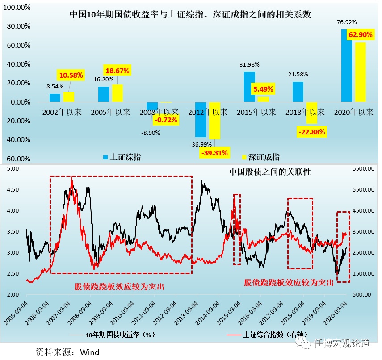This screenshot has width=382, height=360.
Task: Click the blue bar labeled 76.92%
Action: (347, 66)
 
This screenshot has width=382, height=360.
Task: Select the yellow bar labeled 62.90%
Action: (360, 72)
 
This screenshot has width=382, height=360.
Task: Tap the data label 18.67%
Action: (117, 71)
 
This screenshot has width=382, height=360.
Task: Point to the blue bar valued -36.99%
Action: (201, 119)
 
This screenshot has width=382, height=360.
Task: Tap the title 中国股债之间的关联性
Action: (270, 172)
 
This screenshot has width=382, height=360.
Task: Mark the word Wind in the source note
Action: (90, 352)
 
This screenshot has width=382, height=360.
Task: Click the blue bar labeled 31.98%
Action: (249, 87)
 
